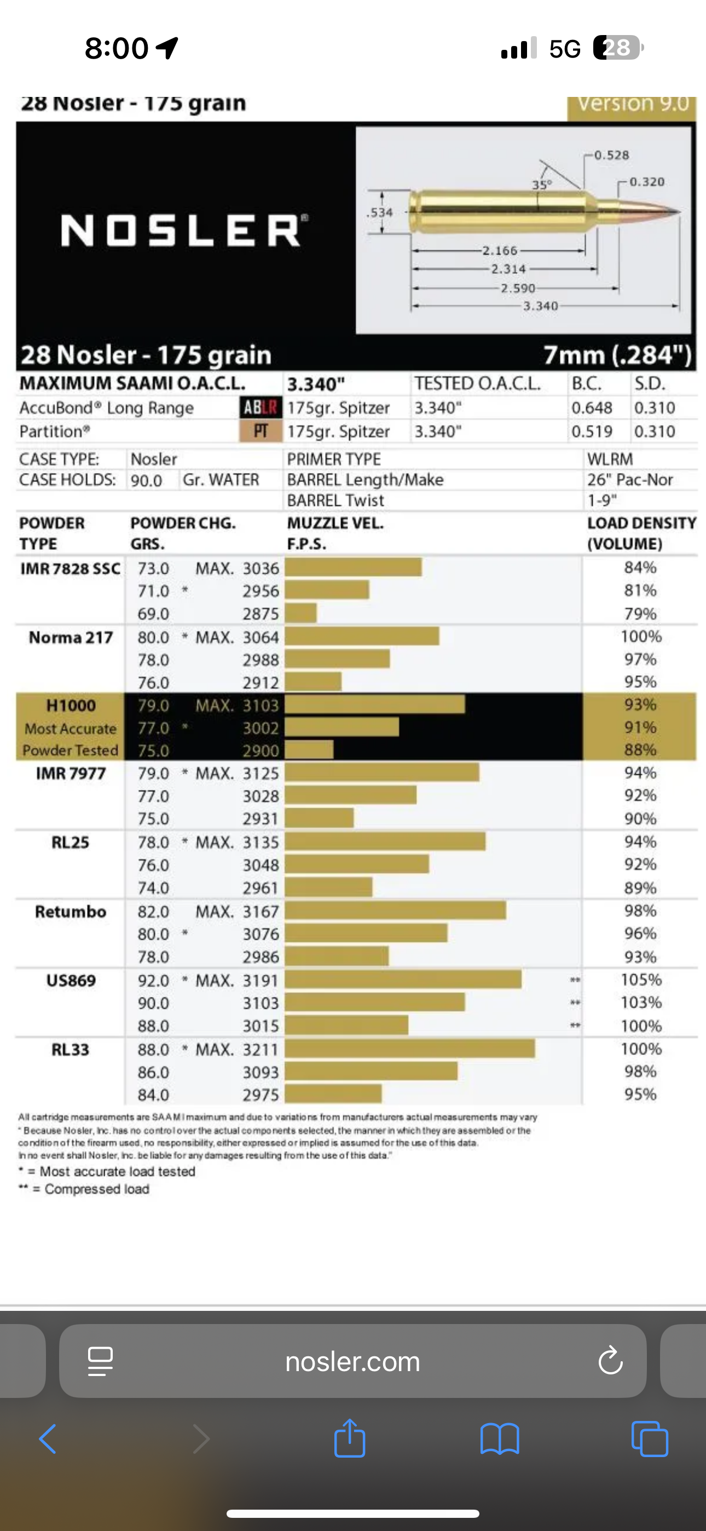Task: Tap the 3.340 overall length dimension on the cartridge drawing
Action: (x=540, y=306)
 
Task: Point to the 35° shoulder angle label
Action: (x=541, y=185)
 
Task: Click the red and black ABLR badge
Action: (x=261, y=408)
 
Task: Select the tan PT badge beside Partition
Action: (x=261, y=431)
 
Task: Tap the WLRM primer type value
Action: (x=610, y=459)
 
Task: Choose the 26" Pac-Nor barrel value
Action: (x=630, y=480)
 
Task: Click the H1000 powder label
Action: (x=71, y=705)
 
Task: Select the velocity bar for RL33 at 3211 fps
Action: (x=410, y=1049)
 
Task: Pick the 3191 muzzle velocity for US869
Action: (x=261, y=980)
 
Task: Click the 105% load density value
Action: (x=641, y=980)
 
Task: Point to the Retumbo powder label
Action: (x=70, y=911)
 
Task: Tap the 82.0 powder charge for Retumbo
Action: (x=153, y=911)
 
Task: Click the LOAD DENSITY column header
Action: (x=641, y=533)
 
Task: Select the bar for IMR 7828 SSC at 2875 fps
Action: (x=300, y=613)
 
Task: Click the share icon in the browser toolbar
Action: (x=349, y=1438)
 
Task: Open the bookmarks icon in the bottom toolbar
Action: (x=500, y=1439)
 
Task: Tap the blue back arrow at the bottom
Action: (x=48, y=1439)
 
